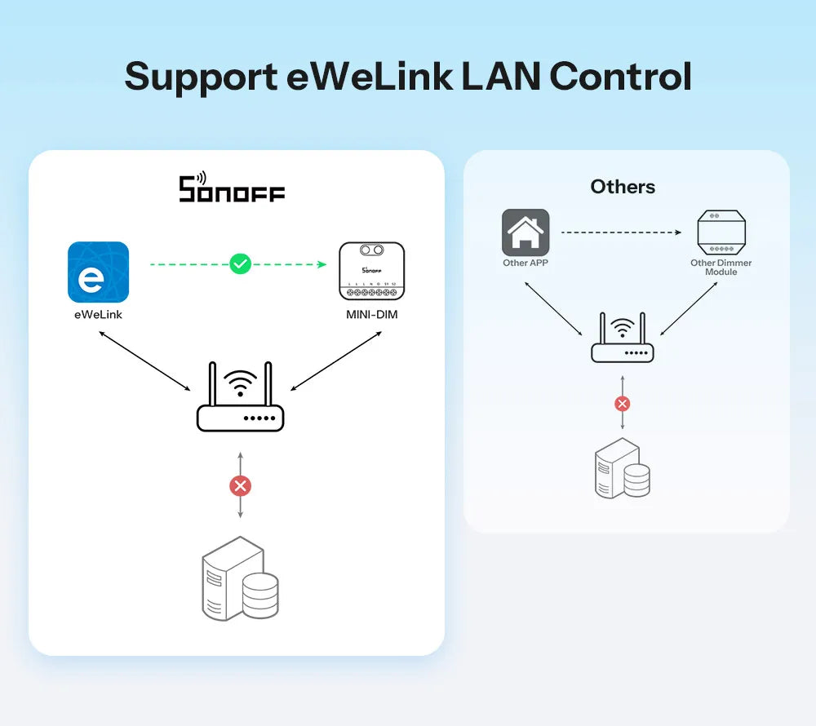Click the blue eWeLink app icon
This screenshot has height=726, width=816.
[98, 272]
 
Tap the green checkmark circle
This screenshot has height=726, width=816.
[240, 263]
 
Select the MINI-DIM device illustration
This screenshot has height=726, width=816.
[371, 272]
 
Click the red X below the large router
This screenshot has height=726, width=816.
[240, 486]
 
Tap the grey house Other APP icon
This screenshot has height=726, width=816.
[526, 232]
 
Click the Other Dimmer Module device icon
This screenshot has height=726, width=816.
[721, 232]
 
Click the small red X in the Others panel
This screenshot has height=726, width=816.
[623, 404]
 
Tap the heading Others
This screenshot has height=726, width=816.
[623, 187]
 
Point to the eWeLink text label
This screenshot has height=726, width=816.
[98, 314]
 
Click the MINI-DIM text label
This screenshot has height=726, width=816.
[371, 314]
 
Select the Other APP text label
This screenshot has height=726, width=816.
[526, 263]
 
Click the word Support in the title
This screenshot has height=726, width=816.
[201, 77]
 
